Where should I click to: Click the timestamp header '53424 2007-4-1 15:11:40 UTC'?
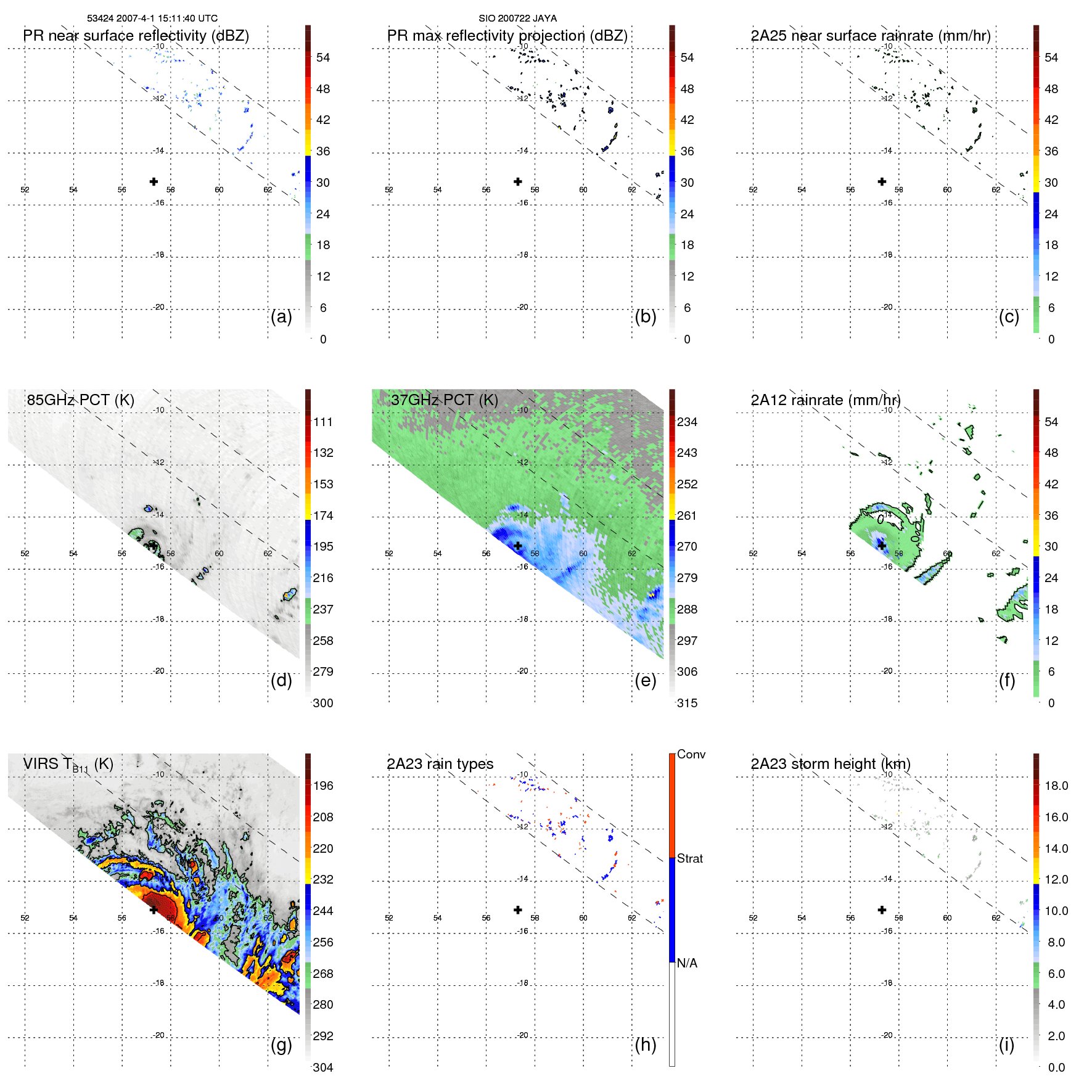[x=152, y=18]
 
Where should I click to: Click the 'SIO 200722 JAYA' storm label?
[x=517, y=18]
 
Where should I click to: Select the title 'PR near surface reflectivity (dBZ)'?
[x=136, y=36]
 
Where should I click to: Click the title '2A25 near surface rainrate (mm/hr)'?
[x=871, y=36]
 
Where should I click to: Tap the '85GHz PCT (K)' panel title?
[x=81, y=400]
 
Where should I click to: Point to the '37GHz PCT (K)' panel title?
[x=445, y=400]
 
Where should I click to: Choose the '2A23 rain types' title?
[x=440, y=764]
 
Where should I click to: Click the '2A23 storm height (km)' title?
[x=831, y=764]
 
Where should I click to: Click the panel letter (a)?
[x=281, y=316]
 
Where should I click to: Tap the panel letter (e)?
[x=646, y=680]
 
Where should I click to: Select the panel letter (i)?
[x=1007, y=1045]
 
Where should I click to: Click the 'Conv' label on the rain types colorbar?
[x=691, y=754]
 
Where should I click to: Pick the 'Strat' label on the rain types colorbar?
[x=690, y=858]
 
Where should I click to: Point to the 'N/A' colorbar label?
[x=687, y=963]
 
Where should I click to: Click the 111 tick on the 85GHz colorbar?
[x=323, y=422]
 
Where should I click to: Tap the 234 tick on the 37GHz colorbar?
[x=687, y=422]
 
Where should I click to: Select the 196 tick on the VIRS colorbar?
[x=323, y=786]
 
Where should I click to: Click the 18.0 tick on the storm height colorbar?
[x=1056, y=786]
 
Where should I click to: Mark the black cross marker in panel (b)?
[x=518, y=181]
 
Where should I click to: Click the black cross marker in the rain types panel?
[x=518, y=909]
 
